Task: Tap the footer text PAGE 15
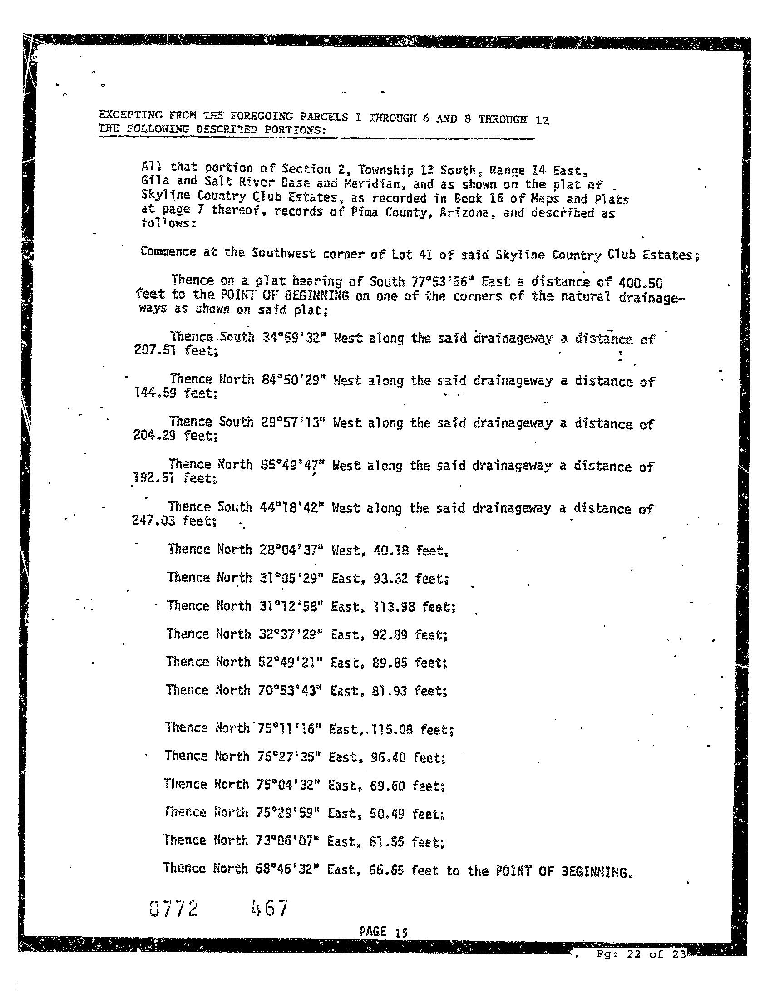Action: click(383, 932)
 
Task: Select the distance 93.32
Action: click(390, 578)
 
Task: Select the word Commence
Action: click(168, 251)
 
